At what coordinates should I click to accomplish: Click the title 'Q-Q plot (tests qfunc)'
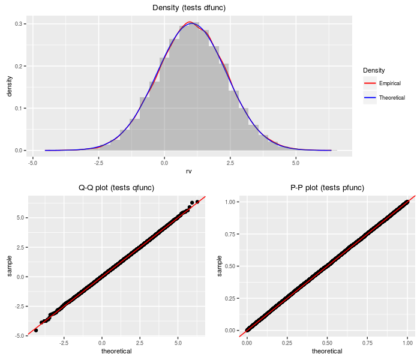pyautogui.click(x=116, y=188)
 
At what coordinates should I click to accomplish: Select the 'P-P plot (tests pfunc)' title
pyautogui.click(x=327, y=188)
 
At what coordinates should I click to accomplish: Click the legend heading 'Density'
pyautogui.click(x=374, y=71)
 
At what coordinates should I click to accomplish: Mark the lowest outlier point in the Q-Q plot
pyautogui.click(x=36, y=330)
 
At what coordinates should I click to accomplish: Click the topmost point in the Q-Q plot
pyautogui.click(x=197, y=202)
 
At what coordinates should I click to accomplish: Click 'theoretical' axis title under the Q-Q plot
pyautogui.click(x=116, y=352)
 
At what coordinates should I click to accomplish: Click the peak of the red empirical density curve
pyautogui.click(x=189, y=22)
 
